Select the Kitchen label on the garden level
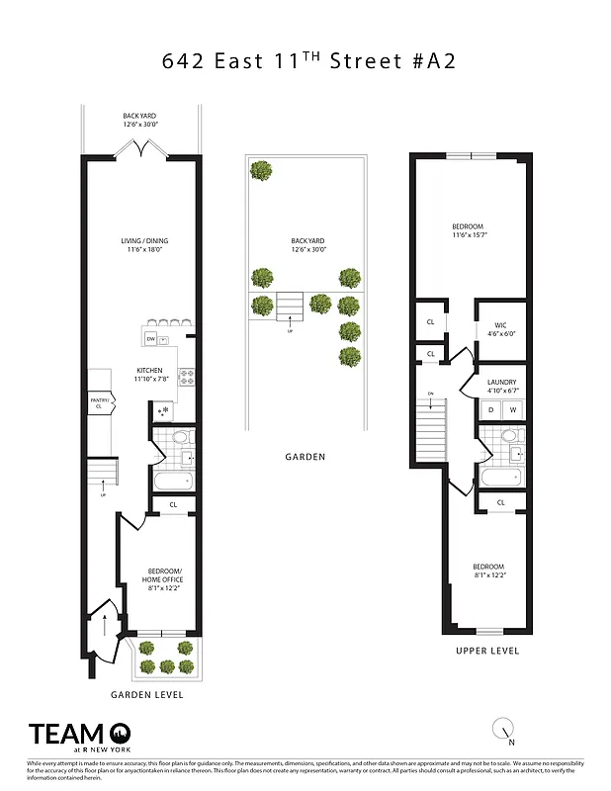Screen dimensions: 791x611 click(x=150, y=373)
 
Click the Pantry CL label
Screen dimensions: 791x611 click(x=99, y=402)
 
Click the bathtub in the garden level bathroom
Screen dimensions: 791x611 click(x=175, y=482)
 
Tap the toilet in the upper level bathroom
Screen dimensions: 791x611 click(x=509, y=436)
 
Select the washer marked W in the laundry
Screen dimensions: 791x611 click(x=512, y=409)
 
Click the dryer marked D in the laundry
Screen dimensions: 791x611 click(x=490, y=409)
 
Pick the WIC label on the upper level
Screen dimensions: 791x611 click(x=494, y=327)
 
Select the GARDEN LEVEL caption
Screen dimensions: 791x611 click(x=146, y=695)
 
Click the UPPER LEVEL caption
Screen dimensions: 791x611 click(x=486, y=651)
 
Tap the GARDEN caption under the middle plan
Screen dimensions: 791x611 click(x=305, y=458)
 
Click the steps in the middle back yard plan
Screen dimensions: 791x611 click(x=290, y=303)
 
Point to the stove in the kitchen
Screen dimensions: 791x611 click(x=185, y=376)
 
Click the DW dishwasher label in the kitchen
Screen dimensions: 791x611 click(x=150, y=339)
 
